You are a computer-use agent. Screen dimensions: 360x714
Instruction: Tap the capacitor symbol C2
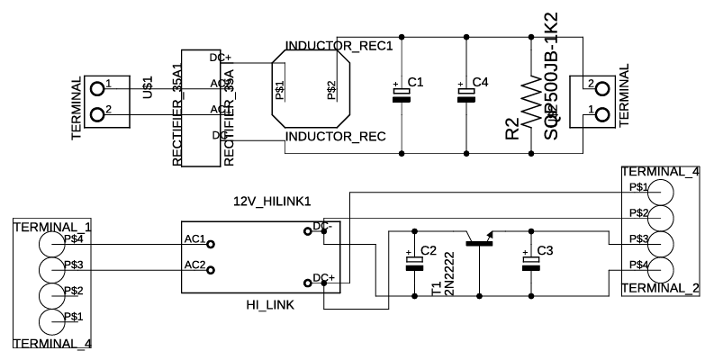point(414,262)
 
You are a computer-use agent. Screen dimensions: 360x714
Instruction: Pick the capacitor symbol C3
point(529,262)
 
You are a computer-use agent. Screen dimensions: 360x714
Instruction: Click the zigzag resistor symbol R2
point(531,99)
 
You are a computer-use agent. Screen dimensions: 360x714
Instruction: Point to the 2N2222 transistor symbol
point(479,242)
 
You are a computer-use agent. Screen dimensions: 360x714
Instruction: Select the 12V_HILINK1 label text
point(272,200)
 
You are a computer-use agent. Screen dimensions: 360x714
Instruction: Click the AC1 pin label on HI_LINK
point(194,240)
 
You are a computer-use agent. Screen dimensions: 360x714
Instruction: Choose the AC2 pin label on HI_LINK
point(194,265)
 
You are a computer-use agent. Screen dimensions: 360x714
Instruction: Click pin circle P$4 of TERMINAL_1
point(51,244)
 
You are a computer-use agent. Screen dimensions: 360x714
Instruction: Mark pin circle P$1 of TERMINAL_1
point(51,321)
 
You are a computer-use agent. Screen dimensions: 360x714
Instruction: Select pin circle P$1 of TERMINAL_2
point(662,192)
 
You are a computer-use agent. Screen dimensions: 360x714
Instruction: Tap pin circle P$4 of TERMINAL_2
point(662,268)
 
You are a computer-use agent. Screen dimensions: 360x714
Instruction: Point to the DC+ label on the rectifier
point(221,57)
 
